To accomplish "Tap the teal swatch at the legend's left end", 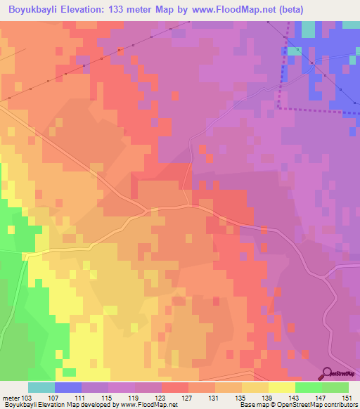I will (x=41, y=387).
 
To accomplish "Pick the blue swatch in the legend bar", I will (x=68, y=387).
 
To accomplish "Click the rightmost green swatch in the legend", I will (x=335, y=387).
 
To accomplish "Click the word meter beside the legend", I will (x=11, y=398).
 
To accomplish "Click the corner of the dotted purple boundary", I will (x=279, y=108).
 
